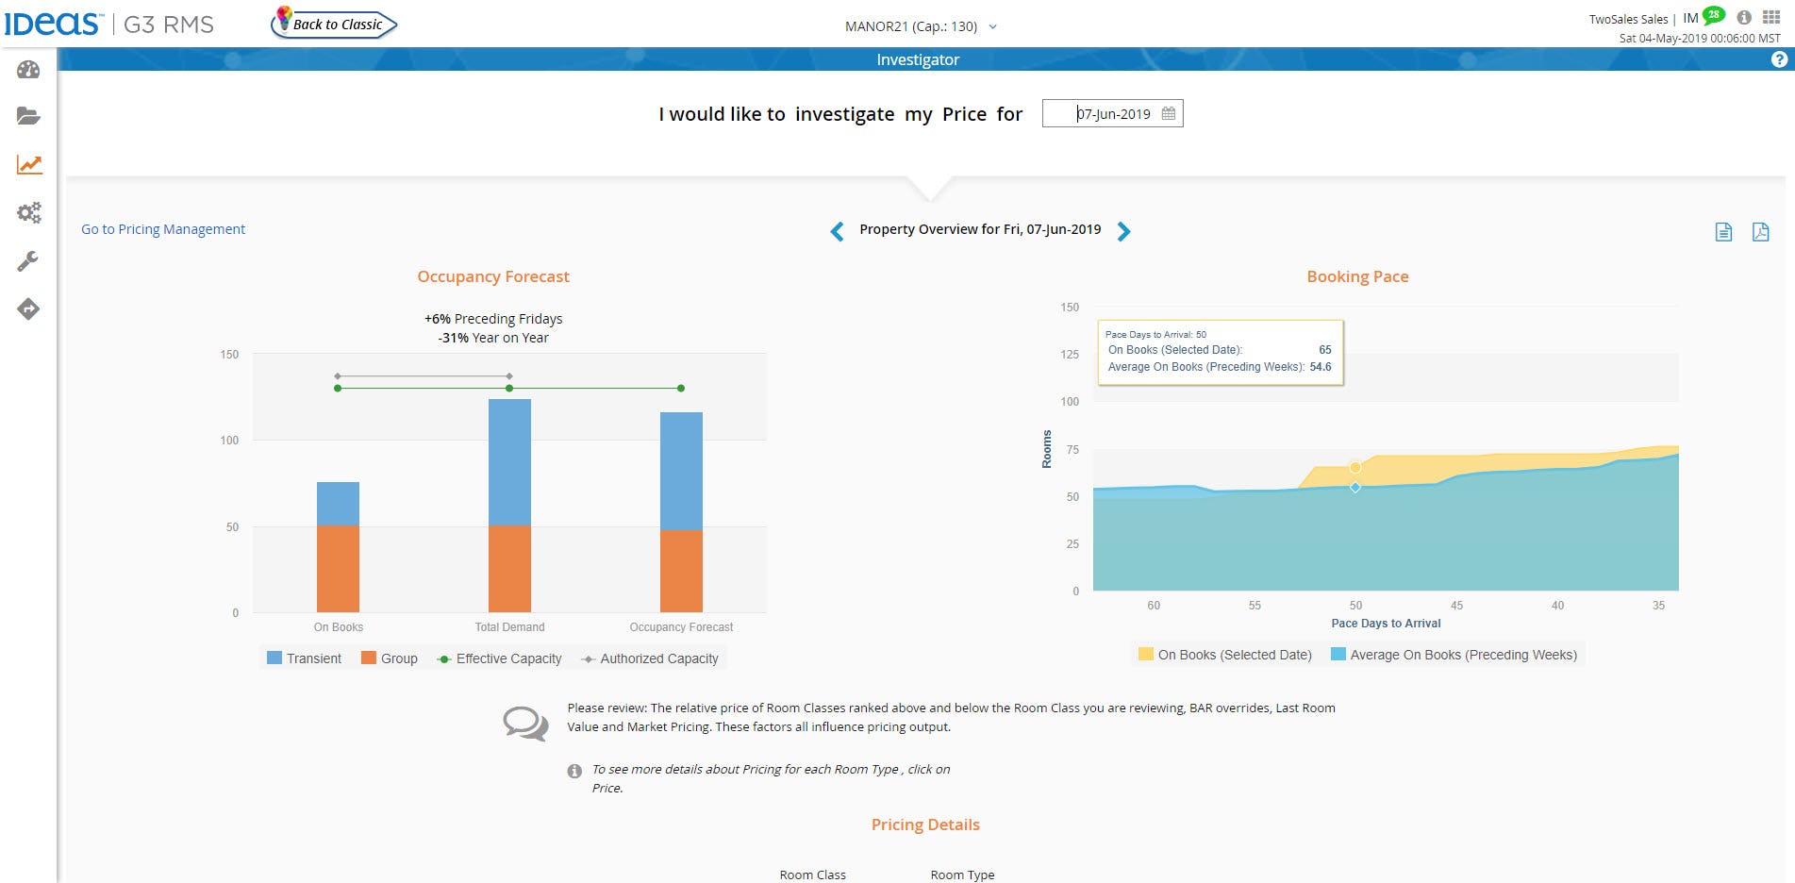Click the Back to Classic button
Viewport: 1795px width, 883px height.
pyautogui.click(x=336, y=25)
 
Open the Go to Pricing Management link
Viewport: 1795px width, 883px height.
pyautogui.click(x=163, y=229)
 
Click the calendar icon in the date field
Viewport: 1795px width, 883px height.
pyautogui.click(x=1168, y=113)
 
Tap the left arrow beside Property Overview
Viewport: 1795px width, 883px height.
pyautogui.click(x=837, y=231)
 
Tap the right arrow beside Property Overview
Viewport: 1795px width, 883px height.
pyautogui.click(x=1123, y=231)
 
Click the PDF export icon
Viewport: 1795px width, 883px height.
pyautogui.click(x=1760, y=232)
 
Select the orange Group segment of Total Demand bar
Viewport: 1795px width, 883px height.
pyautogui.click(x=509, y=568)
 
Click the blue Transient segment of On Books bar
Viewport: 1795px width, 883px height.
pyautogui.click(x=338, y=503)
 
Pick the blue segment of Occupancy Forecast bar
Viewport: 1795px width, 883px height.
pyautogui.click(x=681, y=470)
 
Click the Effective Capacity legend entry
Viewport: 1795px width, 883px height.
pyautogui.click(x=500, y=658)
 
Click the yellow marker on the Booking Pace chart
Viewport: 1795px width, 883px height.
pyautogui.click(x=1355, y=467)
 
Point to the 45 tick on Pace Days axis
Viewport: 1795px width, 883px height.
pyautogui.click(x=1456, y=606)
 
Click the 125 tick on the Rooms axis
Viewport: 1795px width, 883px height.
pyautogui.click(x=1070, y=355)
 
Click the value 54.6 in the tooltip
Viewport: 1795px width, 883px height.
pyautogui.click(x=1320, y=367)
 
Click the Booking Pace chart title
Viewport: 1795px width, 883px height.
pyautogui.click(x=1357, y=276)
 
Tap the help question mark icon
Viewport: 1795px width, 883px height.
pyautogui.click(x=1779, y=59)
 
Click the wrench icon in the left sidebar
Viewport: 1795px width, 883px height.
pyautogui.click(x=28, y=261)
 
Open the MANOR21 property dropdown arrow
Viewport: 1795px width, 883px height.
pyautogui.click(x=992, y=26)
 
